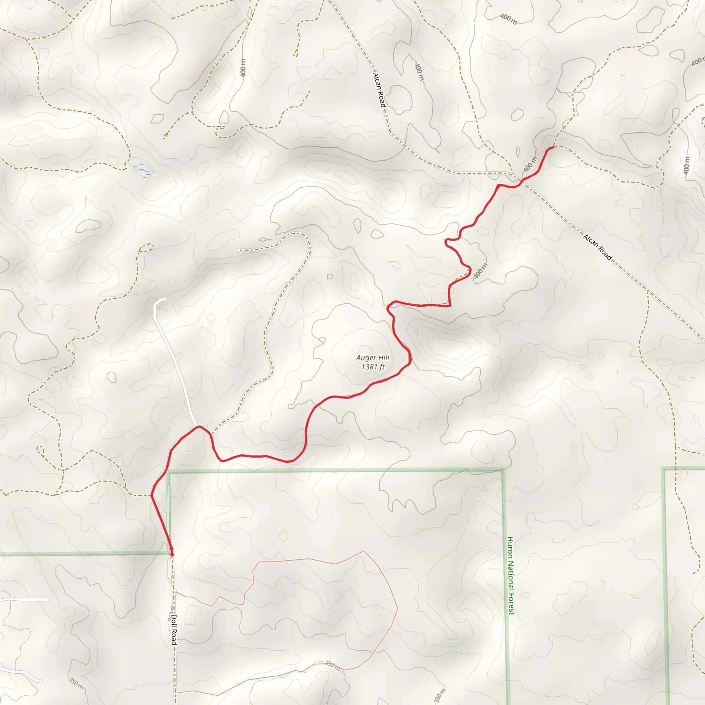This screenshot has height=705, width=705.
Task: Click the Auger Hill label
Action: click(372, 358)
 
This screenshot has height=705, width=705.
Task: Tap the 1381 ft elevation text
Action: click(372, 367)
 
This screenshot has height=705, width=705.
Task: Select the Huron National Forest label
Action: click(511, 576)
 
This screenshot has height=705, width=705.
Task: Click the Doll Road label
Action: click(174, 630)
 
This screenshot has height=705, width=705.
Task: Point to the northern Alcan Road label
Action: click(379, 90)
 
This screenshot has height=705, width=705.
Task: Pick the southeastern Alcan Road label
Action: click(597, 247)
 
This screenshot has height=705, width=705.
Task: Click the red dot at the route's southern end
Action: click(172, 554)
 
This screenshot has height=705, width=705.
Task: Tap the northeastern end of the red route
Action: click(553, 147)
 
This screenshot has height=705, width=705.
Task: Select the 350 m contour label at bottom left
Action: click(76, 683)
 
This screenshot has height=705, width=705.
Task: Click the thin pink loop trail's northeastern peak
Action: click(364, 551)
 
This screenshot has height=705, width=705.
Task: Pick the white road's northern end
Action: click(165, 298)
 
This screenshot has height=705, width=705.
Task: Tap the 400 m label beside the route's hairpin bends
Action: click(480, 271)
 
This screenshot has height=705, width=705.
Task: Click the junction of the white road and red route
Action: click(197, 426)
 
